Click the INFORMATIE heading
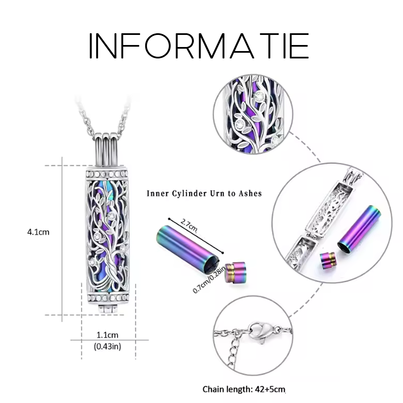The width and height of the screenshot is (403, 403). [x=198, y=46]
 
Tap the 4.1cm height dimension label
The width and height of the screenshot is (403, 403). [x=39, y=232]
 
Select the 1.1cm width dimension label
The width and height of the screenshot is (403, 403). [x=107, y=335]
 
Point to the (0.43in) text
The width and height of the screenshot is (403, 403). [x=107, y=346]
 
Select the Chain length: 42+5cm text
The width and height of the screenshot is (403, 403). [x=244, y=389]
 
